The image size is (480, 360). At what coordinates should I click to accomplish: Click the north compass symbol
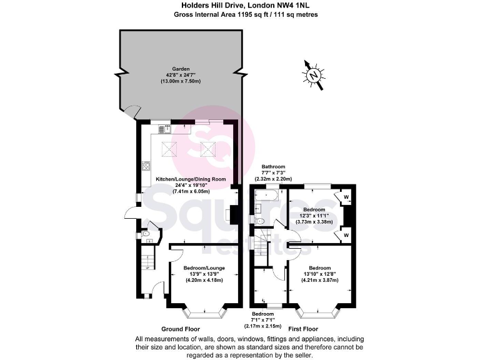(x=314, y=75)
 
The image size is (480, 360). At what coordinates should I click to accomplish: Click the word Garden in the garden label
(x=182, y=69)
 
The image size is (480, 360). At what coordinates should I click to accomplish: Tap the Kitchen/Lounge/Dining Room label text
(x=191, y=179)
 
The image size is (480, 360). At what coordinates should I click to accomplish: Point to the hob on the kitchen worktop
(x=146, y=166)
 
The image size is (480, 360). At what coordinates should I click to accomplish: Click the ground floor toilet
(x=146, y=234)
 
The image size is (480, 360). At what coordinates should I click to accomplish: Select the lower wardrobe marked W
(x=346, y=235)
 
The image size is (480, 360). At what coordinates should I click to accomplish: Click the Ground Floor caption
(x=180, y=329)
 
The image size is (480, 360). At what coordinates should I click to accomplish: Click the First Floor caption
(x=302, y=329)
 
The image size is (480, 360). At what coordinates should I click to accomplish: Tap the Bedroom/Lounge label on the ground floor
(x=204, y=268)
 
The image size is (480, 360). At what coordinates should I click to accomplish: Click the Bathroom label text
(x=273, y=166)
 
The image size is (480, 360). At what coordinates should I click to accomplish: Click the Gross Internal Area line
(x=240, y=15)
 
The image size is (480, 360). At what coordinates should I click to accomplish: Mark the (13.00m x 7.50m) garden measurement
(x=182, y=82)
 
